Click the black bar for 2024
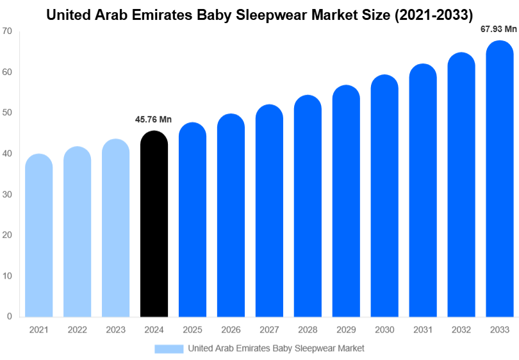point(154,224)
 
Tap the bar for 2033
point(499,179)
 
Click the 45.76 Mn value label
point(154,120)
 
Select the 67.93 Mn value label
point(498,29)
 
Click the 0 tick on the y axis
point(10,316)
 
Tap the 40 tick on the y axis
point(7,154)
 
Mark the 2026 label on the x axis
point(231,329)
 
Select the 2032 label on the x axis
point(461,329)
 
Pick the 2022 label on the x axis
point(77,329)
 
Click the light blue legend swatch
point(169,348)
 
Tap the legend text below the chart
point(276,348)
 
